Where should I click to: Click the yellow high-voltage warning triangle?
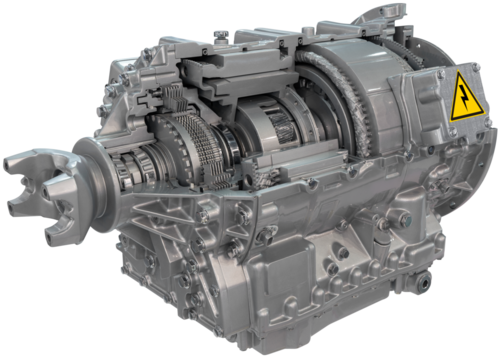467,98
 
